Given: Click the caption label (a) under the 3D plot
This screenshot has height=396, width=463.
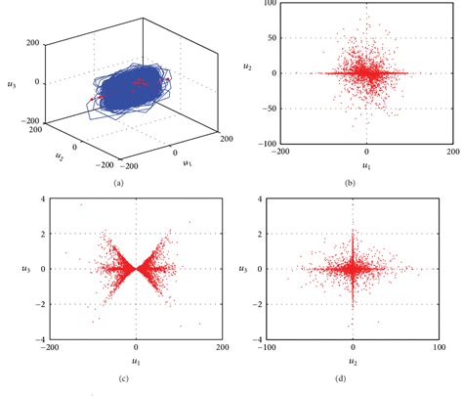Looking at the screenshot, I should pyautogui.click(x=118, y=183).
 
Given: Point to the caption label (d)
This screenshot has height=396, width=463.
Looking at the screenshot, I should pyautogui.click(x=353, y=377).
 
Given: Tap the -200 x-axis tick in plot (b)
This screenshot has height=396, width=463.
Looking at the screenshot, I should pyautogui.click(x=279, y=152).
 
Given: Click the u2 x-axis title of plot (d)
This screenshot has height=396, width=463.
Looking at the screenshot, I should pyautogui.click(x=354, y=360).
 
